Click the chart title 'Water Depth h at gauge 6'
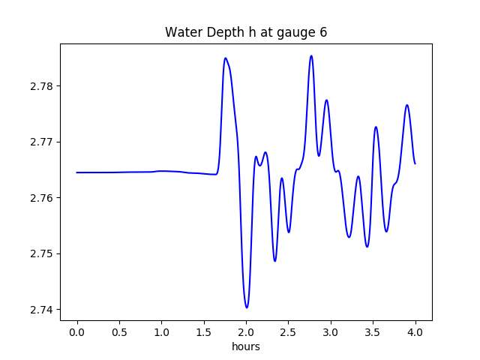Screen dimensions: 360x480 (246, 32)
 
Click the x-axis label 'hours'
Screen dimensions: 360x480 (246, 347)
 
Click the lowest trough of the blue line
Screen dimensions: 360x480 (246, 307)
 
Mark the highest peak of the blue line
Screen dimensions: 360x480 (311, 55)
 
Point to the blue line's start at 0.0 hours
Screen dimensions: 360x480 (77, 172)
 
